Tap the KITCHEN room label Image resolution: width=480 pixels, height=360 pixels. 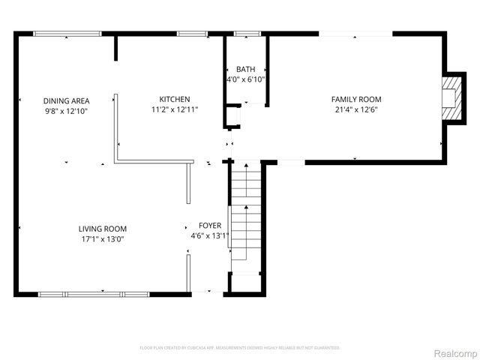tap(174, 99)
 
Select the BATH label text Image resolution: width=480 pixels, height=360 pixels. tap(245, 69)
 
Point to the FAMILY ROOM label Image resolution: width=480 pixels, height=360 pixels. tap(356, 99)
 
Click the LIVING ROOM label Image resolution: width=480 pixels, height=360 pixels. tap(103, 229)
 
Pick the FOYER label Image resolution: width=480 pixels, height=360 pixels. tap(209, 225)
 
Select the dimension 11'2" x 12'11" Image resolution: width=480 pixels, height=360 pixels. tap(174, 109)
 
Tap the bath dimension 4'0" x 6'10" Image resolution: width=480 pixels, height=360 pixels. tap(245, 79)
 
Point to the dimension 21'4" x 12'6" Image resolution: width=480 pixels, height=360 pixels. tap(356, 109)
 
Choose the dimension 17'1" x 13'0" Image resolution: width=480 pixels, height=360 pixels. tap(103, 239)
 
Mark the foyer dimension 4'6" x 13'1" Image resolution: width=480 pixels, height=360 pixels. tap(209, 235)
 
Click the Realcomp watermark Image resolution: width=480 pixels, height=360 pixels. tap(455, 352)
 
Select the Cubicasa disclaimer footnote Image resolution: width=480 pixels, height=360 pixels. tap(240, 348)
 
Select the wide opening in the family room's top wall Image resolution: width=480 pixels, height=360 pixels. tap(356, 33)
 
